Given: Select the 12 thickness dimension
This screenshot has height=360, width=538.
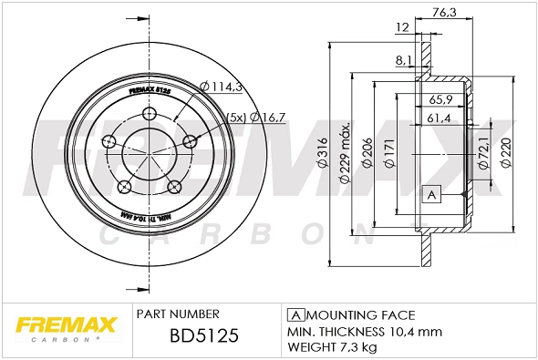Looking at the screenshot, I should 401,27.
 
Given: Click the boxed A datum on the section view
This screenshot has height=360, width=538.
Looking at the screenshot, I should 431,194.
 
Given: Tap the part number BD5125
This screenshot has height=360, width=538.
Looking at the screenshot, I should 204,337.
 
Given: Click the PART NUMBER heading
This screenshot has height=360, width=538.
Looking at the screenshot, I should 177,314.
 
